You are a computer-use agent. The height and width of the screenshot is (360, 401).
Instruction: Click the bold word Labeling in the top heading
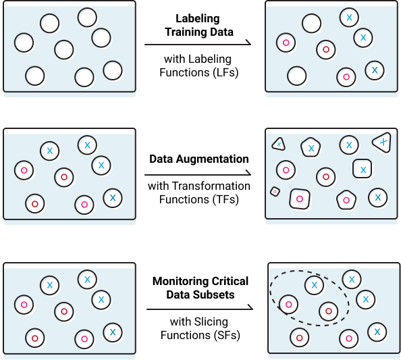coord(197,19)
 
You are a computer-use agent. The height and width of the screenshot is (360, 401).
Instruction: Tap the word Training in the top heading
coord(182,32)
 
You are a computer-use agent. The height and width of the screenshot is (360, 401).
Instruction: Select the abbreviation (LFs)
coord(225,72)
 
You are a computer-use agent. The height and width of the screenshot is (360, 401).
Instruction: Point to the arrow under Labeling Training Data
coord(198,44)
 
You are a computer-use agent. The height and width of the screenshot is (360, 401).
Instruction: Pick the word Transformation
coord(211,186)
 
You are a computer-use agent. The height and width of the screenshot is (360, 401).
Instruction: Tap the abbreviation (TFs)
coord(225,199)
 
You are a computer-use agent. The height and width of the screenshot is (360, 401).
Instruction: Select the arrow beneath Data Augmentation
coord(198,174)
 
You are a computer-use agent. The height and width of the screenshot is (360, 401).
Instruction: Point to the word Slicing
coord(211,322)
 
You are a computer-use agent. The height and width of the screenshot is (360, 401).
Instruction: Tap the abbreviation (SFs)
coord(227,336)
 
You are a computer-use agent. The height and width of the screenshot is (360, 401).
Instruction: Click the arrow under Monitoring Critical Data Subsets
coord(200,309)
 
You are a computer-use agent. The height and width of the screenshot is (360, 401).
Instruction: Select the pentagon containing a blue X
coord(311,147)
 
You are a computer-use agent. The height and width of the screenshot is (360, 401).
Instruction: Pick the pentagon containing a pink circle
coord(346,200)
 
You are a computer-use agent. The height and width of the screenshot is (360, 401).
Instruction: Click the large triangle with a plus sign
coord(383,143)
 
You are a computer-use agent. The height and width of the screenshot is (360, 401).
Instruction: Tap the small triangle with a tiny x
coord(279,145)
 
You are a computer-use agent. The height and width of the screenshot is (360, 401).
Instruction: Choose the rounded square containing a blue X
coord(363,169)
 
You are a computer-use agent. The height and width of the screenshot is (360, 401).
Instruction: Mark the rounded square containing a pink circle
coord(300,199)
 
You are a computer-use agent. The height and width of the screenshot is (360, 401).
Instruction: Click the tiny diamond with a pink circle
coord(275,191)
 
